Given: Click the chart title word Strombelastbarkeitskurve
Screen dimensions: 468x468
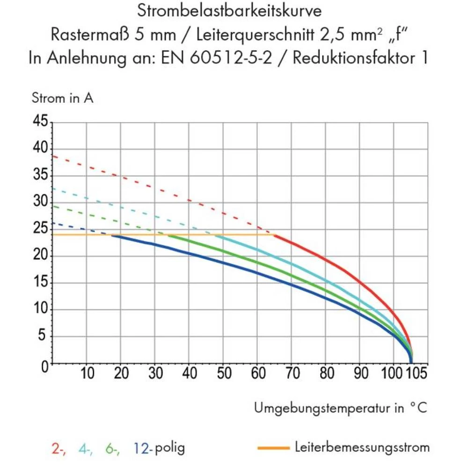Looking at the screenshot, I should point(229,11).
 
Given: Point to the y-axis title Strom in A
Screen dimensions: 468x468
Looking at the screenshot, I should point(62,99).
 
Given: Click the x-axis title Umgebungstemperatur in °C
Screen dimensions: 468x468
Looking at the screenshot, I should point(341,408).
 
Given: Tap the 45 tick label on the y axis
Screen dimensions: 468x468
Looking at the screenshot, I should point(40,123).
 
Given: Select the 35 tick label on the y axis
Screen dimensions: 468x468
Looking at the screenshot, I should point(40,176).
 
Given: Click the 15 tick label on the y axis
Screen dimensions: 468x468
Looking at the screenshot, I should point(40,283).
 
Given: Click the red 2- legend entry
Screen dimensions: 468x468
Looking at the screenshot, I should point(58,448).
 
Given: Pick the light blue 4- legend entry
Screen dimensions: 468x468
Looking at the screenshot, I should point(85,448).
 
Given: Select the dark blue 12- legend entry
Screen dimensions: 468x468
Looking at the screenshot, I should point(142,448).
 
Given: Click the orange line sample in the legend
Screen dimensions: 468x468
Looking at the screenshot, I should point(273,448).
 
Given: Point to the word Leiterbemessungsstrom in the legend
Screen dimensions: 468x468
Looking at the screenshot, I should point(362,447).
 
